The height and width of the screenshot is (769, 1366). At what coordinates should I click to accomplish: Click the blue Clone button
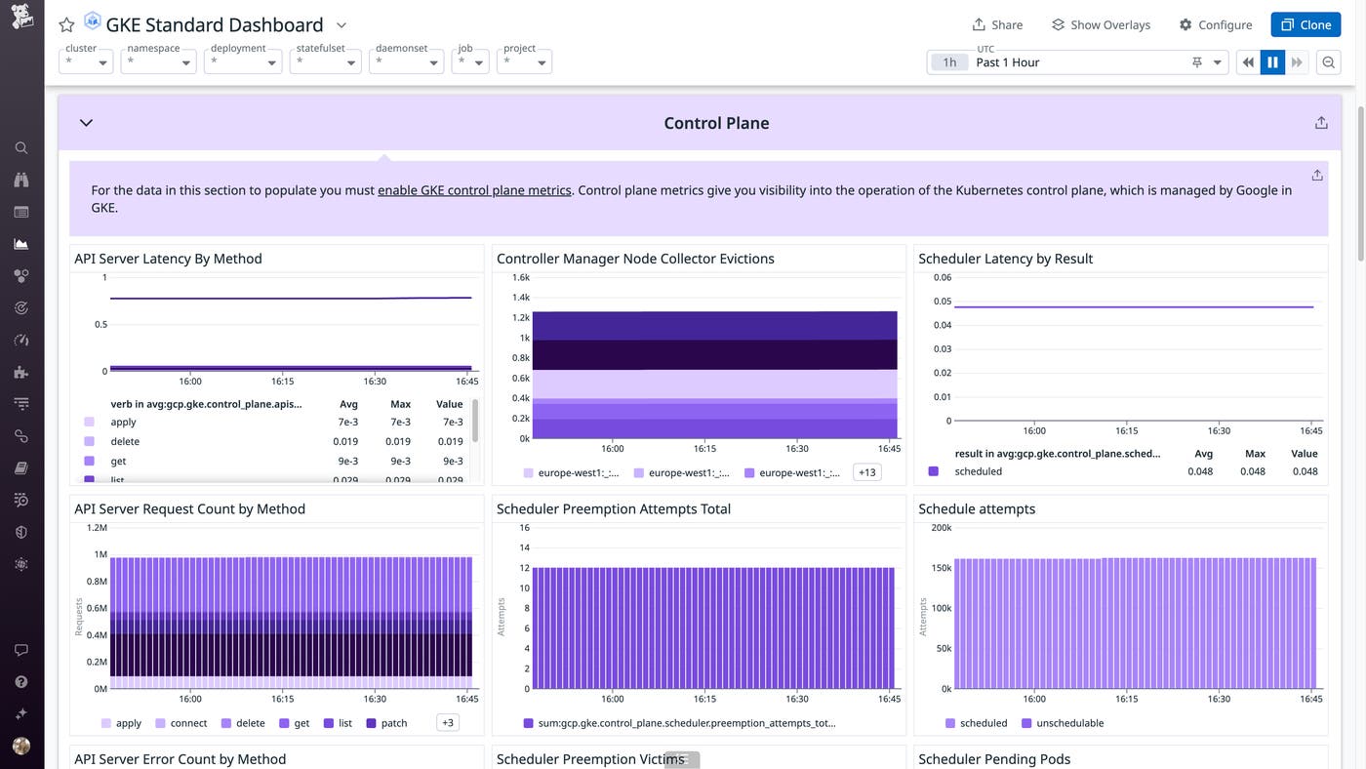tap(1305, 24)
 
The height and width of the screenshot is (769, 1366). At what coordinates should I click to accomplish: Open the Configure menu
tap(1215, 24)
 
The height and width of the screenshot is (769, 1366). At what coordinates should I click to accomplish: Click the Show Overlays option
tap(1101, 24)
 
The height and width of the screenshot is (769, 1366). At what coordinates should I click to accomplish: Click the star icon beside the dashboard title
tap(66, 25)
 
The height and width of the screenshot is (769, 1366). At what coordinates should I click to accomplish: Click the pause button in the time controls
tap(1272, 62)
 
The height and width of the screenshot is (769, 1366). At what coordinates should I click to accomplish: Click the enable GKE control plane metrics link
tap(474, 190)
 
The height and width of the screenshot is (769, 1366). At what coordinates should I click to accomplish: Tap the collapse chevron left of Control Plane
tap(86, 123)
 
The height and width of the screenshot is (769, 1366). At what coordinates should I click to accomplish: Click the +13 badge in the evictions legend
tap(865, 472)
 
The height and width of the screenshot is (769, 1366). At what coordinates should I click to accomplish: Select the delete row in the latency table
tap(125, 441)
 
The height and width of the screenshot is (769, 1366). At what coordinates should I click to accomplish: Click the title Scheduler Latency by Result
tap(1005, 259)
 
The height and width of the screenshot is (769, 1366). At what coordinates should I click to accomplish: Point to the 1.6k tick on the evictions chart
tap(520, 277)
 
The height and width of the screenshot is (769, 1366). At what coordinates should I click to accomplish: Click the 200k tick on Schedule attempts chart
tap(941, 528)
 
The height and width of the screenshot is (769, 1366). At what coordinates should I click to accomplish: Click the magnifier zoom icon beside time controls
tap(1328, 62)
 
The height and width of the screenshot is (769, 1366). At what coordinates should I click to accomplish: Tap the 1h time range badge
tap(948, 62)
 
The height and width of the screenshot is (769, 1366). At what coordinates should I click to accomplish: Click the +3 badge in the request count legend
tap(447, 723)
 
